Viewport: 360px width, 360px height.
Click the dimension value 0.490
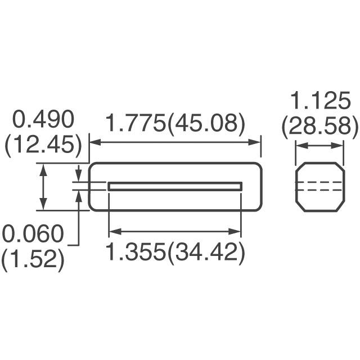[43, 120]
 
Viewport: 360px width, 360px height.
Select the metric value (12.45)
[43, 146]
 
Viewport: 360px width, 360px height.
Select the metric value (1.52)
[33, 260]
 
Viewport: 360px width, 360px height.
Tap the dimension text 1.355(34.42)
[175, 253]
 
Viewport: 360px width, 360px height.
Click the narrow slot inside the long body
[175, 186]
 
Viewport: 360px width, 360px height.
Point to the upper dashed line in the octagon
[319, 182]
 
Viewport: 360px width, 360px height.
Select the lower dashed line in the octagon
[319, 191]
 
